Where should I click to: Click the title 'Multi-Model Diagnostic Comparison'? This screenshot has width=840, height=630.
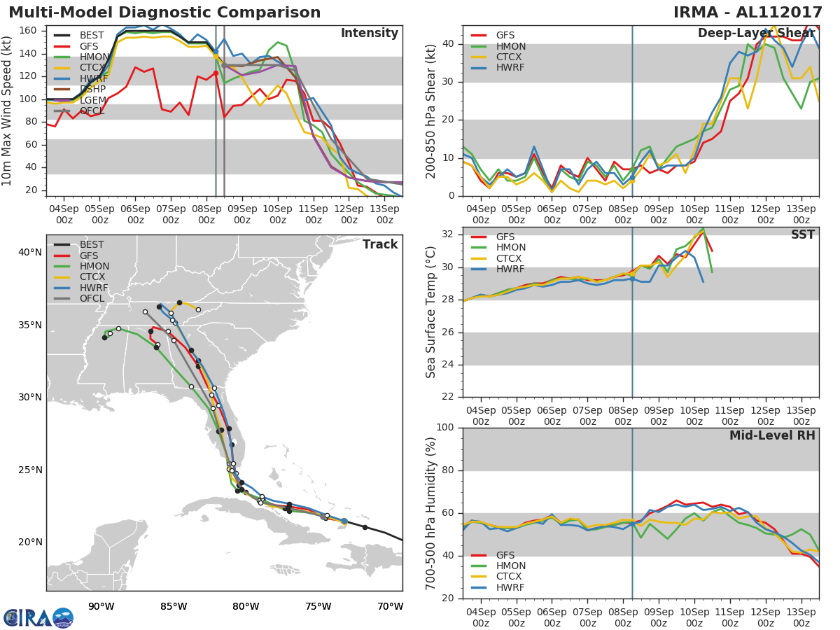pos(164,12)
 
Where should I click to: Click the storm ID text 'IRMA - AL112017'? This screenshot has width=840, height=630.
pos(748,12)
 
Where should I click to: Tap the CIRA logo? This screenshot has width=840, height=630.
pos(38,617)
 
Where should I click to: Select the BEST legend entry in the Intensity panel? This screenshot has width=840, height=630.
pos(79,35)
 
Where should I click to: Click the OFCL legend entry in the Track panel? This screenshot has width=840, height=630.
pos(79,298)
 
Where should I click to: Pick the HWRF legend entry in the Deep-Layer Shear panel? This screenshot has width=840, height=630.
pos(498,68)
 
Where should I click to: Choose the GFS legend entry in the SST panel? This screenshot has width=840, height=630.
pos(493,237)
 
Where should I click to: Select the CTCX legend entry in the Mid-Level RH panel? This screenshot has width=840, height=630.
pos(496,576)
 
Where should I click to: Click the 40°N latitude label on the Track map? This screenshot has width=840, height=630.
pos(30,253)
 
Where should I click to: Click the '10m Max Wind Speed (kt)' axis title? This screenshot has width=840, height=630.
pos(6,111)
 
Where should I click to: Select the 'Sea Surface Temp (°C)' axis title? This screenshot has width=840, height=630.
pos(430,312)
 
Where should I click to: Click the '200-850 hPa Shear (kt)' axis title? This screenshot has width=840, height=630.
pos(430,111)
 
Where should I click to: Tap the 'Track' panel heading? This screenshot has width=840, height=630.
pos(380,244)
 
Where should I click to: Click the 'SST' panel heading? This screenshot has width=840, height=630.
pos(803,234)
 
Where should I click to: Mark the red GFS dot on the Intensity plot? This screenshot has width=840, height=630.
pos(216,73)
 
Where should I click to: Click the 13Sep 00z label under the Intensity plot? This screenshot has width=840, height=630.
pos(384,215)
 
